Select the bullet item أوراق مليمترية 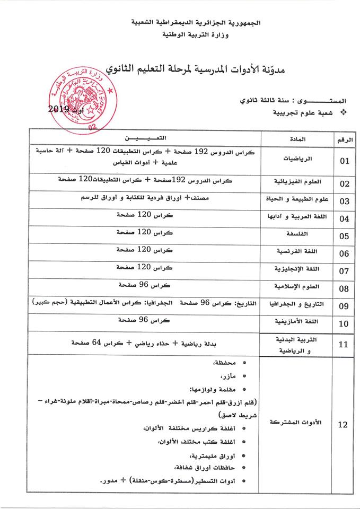pos(209,454)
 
